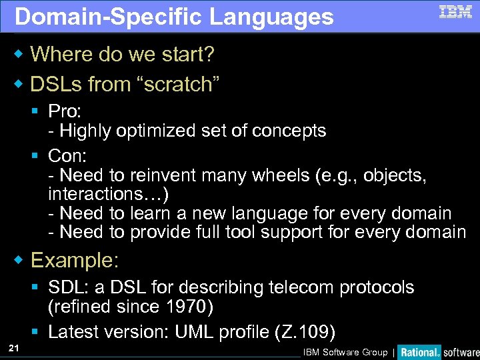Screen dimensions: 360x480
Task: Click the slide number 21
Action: (13, 347)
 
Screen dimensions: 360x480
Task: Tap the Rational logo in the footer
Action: (419, 352)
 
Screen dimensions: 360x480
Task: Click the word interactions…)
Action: (108, 194)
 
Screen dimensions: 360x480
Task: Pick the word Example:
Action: (75, 259)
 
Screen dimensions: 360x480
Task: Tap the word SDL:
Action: (71, 287)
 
